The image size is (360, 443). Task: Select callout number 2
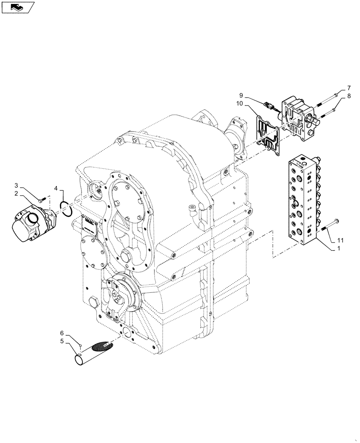[28, 193]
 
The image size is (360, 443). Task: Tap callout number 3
[28, 185]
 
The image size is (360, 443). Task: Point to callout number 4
[56, 189]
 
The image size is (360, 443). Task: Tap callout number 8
[349, 96]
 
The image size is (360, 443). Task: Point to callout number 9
[242, 95]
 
